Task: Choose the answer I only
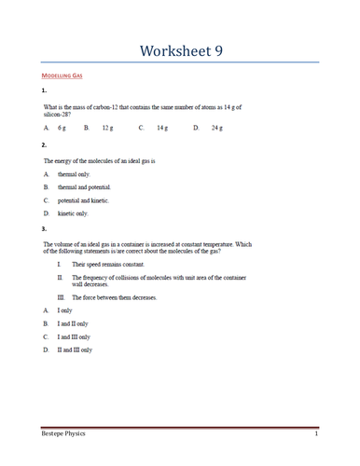pyautogui.click(x=64, y=310)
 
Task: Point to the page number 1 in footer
pyautogui.click(x=316, y=434)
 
